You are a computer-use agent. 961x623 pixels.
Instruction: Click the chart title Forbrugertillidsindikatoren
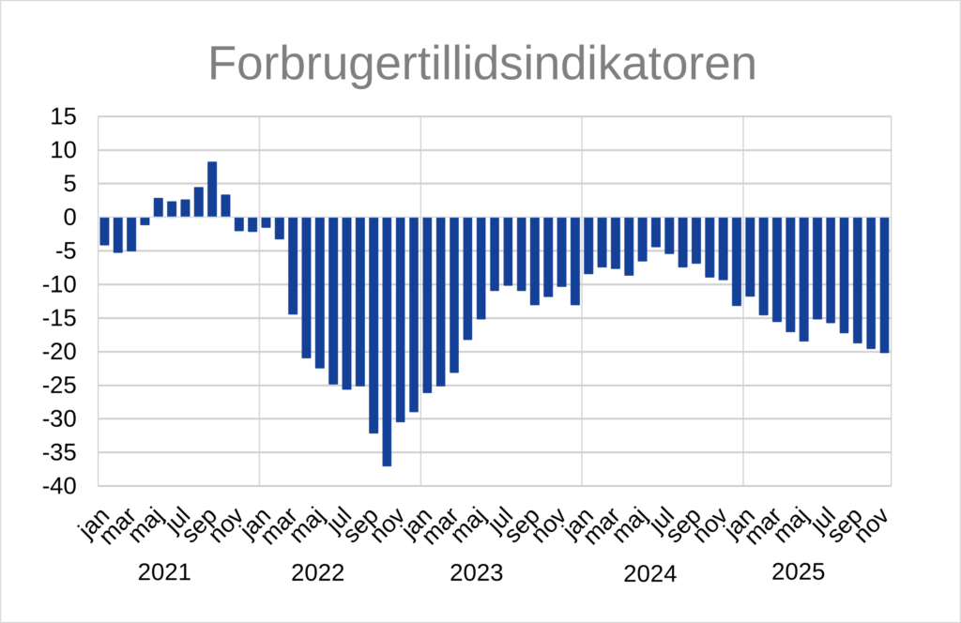point(481,64)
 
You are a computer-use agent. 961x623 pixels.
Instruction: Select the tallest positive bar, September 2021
point(212,189)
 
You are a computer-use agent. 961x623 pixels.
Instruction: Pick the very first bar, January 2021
point(104,231)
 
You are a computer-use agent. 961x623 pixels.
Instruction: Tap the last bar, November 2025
point(884,284)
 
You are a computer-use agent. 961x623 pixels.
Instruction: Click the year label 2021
point(164,572)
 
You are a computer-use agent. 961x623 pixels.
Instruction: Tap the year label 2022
point(318,572)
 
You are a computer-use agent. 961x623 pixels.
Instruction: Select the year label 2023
point(477,572)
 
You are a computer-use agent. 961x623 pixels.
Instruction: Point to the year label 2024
point(650,572)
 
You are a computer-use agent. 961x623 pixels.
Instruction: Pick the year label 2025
point(797,572)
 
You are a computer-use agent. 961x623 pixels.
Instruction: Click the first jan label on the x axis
point(90,527)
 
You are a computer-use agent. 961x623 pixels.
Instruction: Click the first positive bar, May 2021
point(159,207)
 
